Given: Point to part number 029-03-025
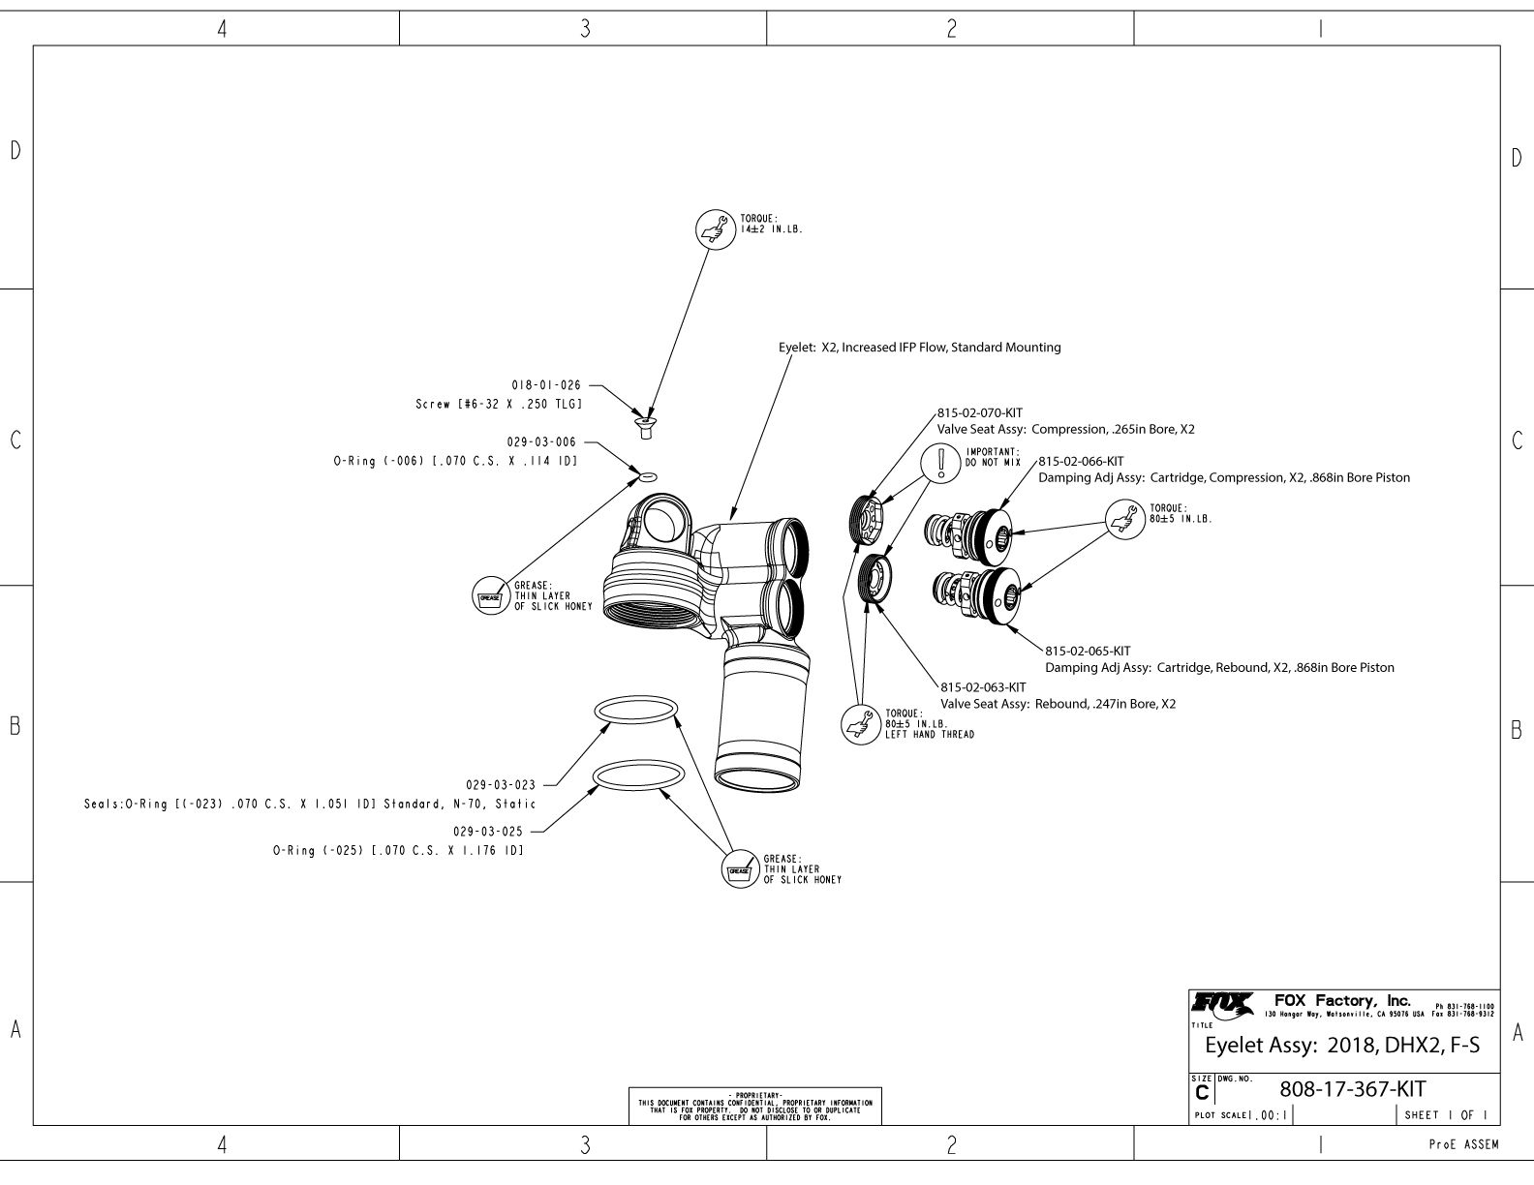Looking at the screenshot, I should click(487, 831).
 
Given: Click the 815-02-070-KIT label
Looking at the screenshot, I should click(980, 411).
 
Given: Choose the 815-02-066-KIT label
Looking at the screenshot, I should click(1081, 461).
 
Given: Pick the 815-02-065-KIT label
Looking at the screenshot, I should click(1088, 651).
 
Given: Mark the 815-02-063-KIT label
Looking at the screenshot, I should click(983, 687).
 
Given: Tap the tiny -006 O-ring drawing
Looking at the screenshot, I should click(648, 476).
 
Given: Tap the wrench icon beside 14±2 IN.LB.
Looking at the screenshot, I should click(717, 230).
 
